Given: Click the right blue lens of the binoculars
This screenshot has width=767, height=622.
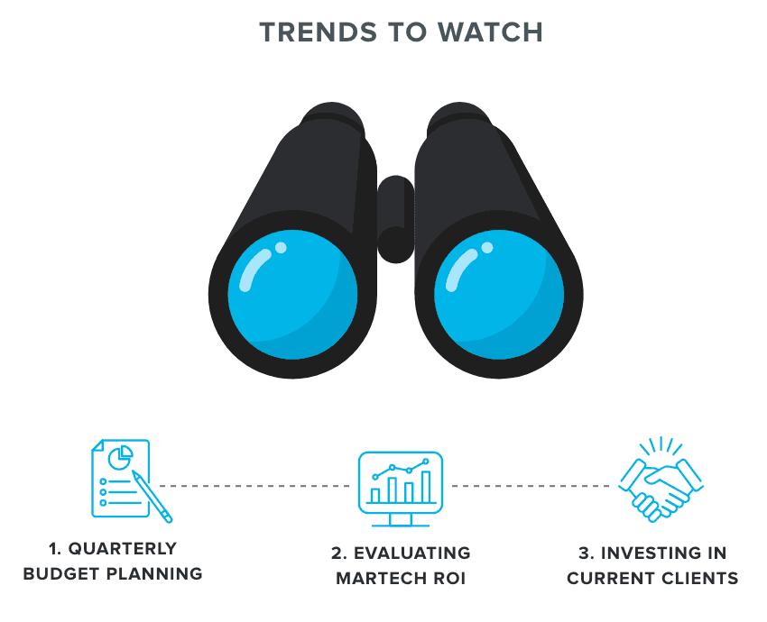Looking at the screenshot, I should pos(499,293).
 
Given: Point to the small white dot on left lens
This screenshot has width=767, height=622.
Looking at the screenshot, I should pos(281,248).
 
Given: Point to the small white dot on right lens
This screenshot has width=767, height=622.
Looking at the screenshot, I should pos(488,248).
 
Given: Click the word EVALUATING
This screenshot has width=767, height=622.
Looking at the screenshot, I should pos(414,553).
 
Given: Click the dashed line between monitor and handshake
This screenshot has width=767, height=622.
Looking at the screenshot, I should pos(532,486).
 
